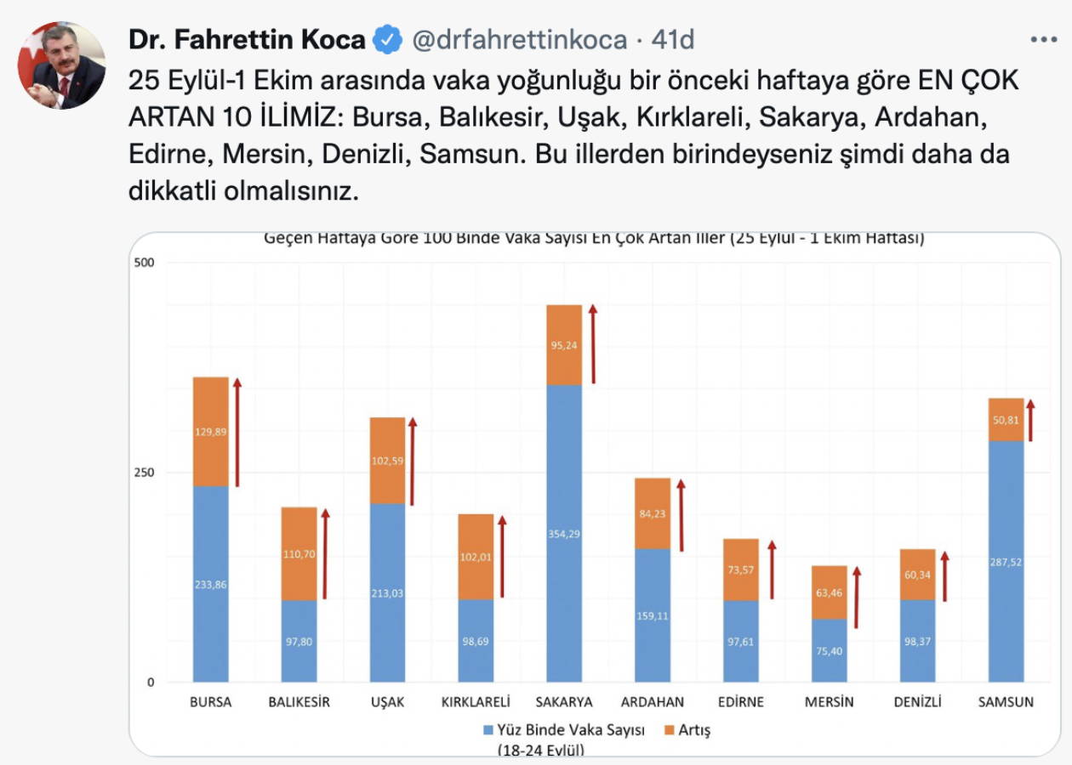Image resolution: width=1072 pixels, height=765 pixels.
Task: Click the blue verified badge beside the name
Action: pyautogui.click(x=388, y=39)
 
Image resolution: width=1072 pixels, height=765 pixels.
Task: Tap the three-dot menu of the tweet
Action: pyautogui.click(x=1043, y=39)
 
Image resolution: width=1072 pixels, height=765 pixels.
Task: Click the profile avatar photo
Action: pyautogui.click(x=61, y=65)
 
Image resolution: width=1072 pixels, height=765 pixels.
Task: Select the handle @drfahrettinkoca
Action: pyautogui.click(x=520, y=39)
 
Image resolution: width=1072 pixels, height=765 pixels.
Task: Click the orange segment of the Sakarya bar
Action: pyautogui.click(x=564, y=344)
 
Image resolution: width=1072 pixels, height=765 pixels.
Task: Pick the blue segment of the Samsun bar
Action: pyautogui.click(x=1006, y=561)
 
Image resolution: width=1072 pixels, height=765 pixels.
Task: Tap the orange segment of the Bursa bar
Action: pyautogui.click(x=211, y=432)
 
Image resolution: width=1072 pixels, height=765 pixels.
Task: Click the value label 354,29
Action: pyautogui.click(x=564, y=534)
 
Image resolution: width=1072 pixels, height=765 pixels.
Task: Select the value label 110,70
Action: pyautogui.click(x=299, y=553)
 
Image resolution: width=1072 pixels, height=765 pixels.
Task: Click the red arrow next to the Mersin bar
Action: pyautogui.click(x=857, y=598)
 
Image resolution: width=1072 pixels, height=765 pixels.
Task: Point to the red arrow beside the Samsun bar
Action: pyautogui.click(x=1030, y=420)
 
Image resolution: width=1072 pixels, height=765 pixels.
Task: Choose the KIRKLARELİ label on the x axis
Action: pyautogui.click(x=476, y=702)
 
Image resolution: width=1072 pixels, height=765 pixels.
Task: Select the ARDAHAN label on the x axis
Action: pyautogui.click(x=653, y=702)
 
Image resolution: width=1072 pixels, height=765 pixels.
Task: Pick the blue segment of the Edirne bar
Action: pyautogui.click(x=741, y=641)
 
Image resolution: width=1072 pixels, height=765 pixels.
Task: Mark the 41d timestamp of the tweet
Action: pyautogui.click(x=672, y=39)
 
